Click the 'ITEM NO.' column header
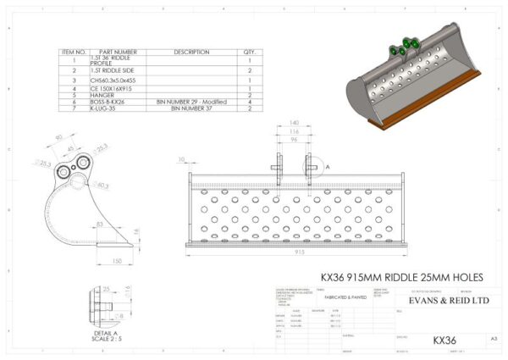pyautogui.click(x=74, y=52)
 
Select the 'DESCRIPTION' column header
pyautogui.click(x=191, y=52)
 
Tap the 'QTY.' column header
pyautogui.click(x=250, y=52)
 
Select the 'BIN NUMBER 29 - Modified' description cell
pyautogui.click(x=191, y=102)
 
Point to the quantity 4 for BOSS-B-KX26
pyautogui.click(x=250, y=102)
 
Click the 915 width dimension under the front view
pyautogui.click(x=297, y=252)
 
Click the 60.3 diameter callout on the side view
pyautogui.click(x=103, y=185)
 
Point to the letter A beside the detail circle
pyautogui.click(x=327, y=168)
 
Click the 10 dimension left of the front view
pyautogui.click(x=182, y=158)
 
